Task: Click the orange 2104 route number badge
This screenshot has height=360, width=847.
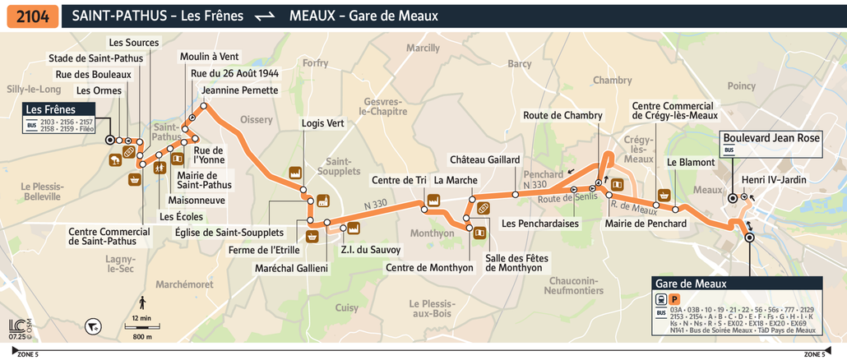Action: (x=32, y=16)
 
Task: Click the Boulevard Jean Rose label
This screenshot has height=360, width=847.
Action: (x=771, y=138)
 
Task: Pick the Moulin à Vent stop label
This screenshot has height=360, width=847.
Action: (x=209, y=56)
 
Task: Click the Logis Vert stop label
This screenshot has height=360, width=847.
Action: (x=323, y=123)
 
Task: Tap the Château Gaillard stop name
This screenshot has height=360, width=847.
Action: (x=484, y=159)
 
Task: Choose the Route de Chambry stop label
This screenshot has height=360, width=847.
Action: (x=562, y=116)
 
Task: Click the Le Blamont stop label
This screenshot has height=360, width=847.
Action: (x=691, y=163)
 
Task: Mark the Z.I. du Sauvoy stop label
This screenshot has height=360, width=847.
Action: (x=370, y=249)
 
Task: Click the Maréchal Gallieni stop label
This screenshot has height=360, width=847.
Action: (x=291, y=268)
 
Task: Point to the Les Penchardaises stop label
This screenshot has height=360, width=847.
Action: (x=539, y=223)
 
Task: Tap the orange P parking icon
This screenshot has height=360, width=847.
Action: (x=674, y=299)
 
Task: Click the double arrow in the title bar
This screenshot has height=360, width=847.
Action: (x=264, y=16)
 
